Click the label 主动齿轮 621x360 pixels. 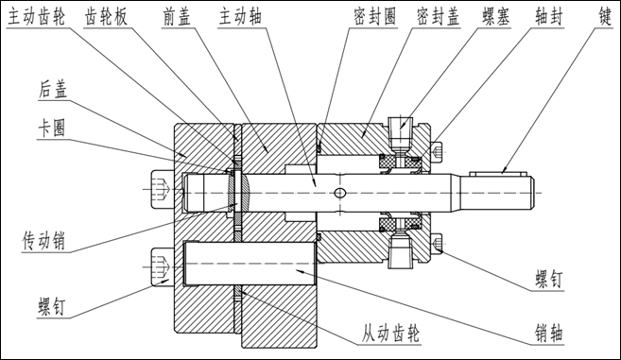coord(37,17)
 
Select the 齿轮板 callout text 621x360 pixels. coord(106,17)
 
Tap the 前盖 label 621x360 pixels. coord(177,17)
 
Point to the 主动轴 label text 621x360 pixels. coord(240,17)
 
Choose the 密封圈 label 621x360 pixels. coord(374,17)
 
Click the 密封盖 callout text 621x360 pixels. coord(438,17)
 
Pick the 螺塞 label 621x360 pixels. coord(496,17)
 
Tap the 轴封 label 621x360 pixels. coord(548,17)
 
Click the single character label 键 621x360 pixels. coord(606,17)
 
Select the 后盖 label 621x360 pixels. coord(53,90)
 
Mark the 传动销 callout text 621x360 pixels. coord(43,241)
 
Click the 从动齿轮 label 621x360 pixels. coord(390,334)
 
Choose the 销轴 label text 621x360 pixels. coord(548,334)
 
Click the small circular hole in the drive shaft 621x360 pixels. coord(340,193)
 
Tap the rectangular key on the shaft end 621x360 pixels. coord(498,174)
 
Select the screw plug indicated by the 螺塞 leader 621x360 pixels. coord(401,133)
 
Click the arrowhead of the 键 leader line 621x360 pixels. coord(503,170)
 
